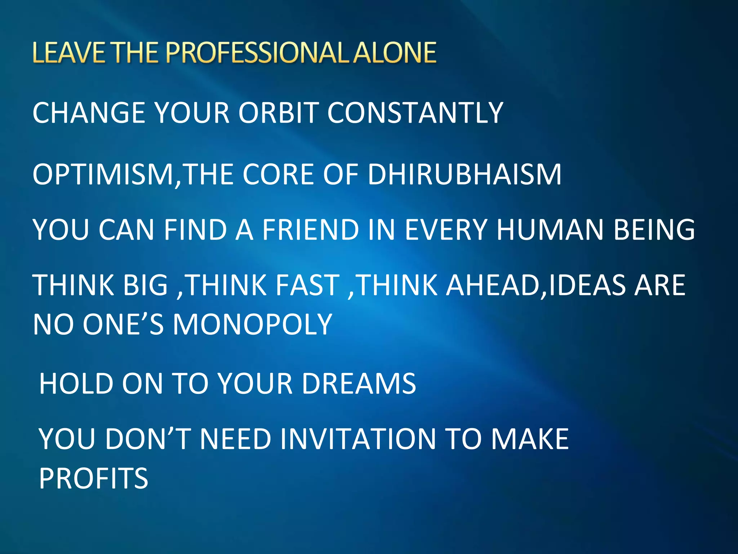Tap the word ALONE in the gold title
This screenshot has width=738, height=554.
[x=395, y=53]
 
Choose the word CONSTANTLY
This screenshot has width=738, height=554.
[x=415, y=113]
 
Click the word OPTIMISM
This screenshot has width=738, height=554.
[x=103, y=175]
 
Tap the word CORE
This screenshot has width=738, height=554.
[x=278, y=175]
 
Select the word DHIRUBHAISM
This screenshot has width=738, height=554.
[x=464, y=175]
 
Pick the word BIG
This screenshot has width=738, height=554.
[x=146, y=285]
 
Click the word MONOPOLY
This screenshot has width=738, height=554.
[x=252, y=324]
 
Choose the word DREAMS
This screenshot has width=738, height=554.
[x=359, y=383]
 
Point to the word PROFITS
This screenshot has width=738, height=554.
[x=93, y=479]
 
